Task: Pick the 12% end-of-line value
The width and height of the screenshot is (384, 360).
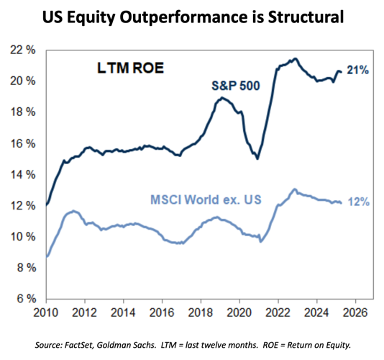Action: (358, 202)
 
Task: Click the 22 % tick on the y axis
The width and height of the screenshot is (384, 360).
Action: (22, 50)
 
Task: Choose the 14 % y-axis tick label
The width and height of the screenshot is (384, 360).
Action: (22, 174)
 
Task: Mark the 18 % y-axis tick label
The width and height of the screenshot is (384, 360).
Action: (22, 112)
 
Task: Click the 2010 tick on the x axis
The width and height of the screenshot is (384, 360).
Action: (47, 313)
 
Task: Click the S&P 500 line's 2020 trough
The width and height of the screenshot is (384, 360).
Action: (257, 158)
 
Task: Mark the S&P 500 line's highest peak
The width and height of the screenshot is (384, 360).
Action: (295, 59)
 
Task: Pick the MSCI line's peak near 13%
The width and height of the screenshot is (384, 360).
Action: (293, 189)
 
